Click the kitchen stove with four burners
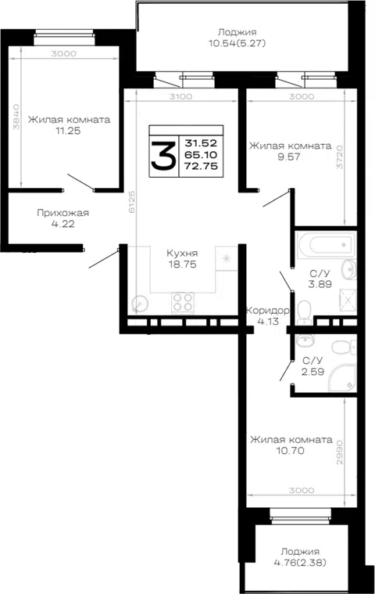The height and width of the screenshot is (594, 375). (x=183, y=303)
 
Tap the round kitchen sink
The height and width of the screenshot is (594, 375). (x=140, y=304)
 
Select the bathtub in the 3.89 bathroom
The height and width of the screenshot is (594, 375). (x=326, y=245)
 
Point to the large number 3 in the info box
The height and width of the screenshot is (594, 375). (x=164, y=155)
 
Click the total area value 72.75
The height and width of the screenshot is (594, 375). (x=202, y=166)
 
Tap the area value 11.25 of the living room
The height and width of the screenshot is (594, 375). (x=68, y=131)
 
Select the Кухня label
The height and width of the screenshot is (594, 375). (x=182, y=253)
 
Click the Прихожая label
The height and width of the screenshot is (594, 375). (x=62, y=213)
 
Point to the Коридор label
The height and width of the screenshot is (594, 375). (x=268, y=311)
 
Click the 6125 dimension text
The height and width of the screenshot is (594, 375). (x=131, y=202)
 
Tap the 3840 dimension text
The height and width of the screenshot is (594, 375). (x=16, y=117)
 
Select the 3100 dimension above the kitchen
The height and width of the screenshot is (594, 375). (x=180, y=96)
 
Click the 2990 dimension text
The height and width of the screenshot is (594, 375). (x=340, y=452)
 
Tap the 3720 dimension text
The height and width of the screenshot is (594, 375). (x=340, y=157)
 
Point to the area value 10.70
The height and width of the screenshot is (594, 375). (x=291, y=451)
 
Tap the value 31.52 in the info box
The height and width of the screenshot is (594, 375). (x=201, y=143)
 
